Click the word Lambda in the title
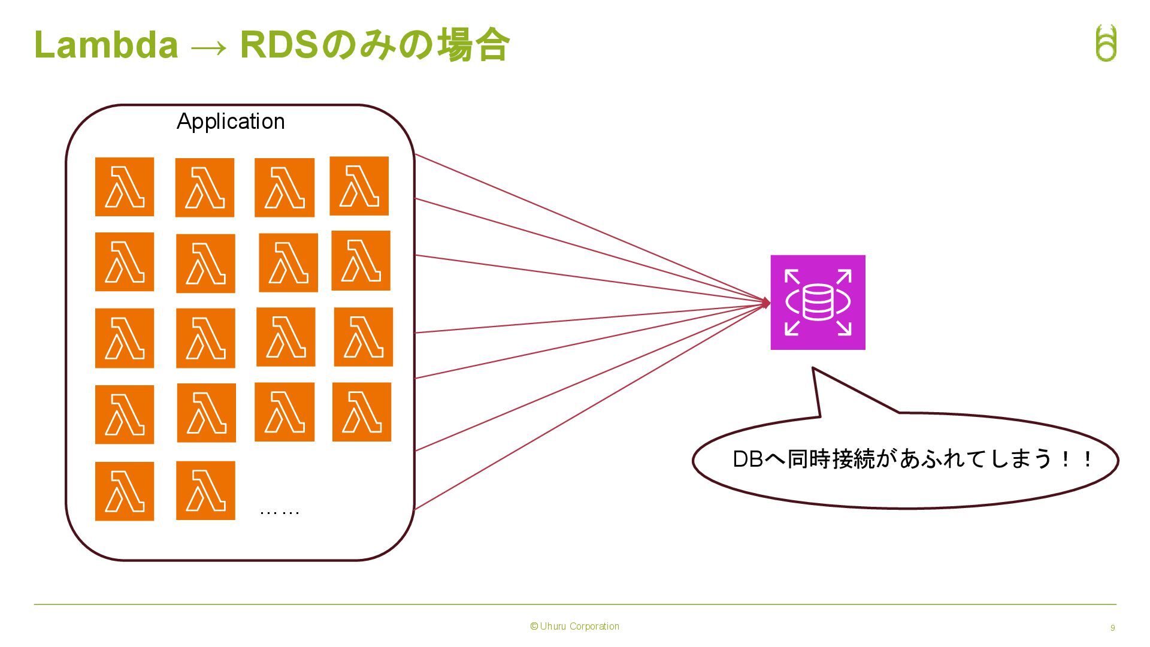tap(106, 46)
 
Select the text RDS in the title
tap(278, 46)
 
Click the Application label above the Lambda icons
tap(231, 122)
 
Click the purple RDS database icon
tap(818, 303)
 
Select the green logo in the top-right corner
tap(1106, 43)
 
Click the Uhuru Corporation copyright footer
tap(575, 627)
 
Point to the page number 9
tap(1112, 628)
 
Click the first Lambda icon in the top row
tap(125, 187)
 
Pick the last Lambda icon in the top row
tap(359, 186)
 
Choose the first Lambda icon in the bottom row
tap(125, 491)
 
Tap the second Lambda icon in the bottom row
tap(205, 491)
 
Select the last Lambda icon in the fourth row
tap(362, 412)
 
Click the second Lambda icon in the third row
tap(205, 338)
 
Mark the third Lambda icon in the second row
tap(288, 262)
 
